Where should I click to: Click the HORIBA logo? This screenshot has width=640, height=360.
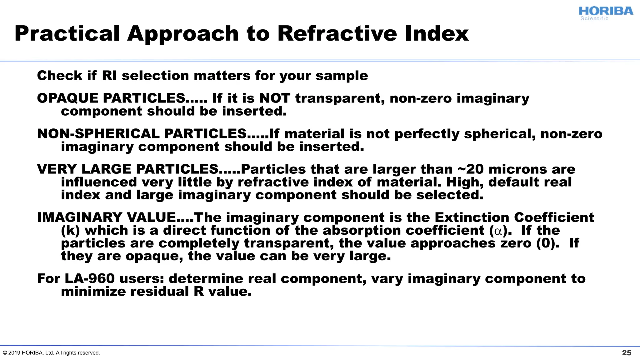coord(606,12)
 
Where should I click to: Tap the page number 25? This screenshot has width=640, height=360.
coord(627,353)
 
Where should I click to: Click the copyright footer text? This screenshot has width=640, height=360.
coord(51,353)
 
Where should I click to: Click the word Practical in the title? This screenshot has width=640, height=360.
coord(67,33)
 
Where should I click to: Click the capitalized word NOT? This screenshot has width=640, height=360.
coord(275,98)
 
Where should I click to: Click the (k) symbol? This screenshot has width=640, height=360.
coord(70,231)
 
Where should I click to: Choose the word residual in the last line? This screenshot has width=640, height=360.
coord(159,292)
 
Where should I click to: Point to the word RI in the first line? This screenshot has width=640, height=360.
coord(109,76)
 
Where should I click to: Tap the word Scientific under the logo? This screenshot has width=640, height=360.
coord(594,19)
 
